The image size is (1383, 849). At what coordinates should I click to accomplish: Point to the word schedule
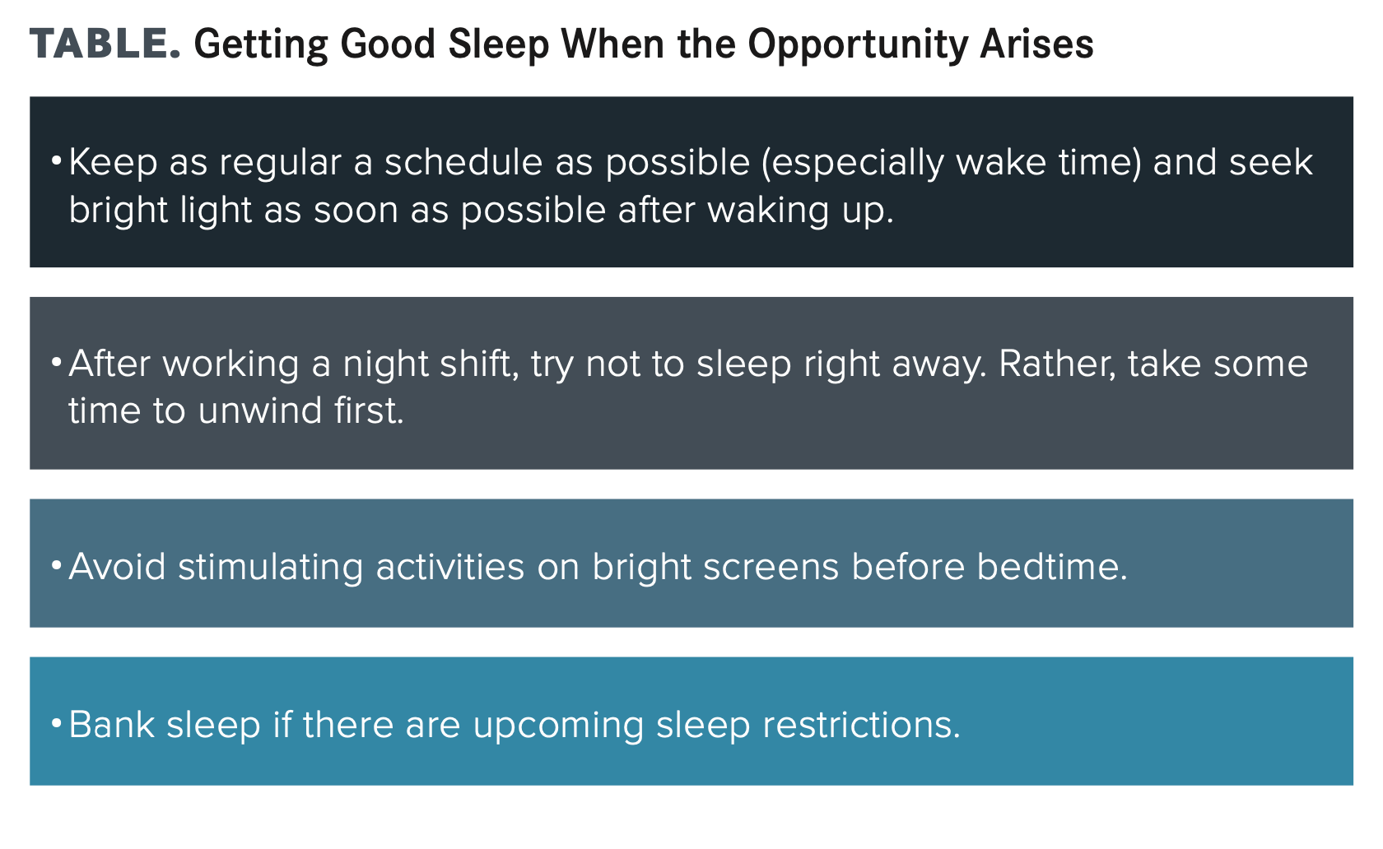click(x=463, y=162)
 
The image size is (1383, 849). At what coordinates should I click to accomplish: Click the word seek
click(x=1271, y=162)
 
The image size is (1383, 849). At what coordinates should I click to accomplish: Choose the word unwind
click(x=260, y=411)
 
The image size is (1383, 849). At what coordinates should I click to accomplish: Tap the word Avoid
click(x=117, y=566)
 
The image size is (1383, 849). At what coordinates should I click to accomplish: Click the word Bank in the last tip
click(x=112, y=724)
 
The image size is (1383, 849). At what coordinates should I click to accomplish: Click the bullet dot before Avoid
click(x=56, y=564)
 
